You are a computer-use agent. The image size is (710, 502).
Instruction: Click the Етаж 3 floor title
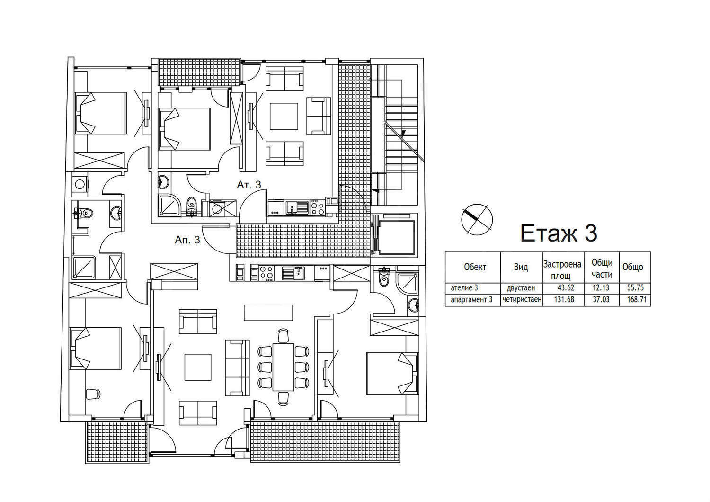(x=559, y=233)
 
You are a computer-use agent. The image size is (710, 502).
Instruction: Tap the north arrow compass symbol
(x=477, y=219)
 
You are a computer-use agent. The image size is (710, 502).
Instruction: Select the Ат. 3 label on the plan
(x=249, y=185)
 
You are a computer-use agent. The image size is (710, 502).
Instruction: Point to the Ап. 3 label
(x=187, y=240)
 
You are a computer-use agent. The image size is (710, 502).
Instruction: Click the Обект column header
(x=475, y=267)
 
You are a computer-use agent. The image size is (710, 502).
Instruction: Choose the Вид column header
(x=521, y=267)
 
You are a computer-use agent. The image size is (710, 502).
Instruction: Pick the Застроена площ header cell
(x=562, y=270)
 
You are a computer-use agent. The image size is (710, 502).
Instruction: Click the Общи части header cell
(x=602, y=268)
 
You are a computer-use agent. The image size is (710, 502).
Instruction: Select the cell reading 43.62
(x=566, y=288)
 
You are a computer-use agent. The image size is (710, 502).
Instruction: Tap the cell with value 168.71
(x=637, y=299)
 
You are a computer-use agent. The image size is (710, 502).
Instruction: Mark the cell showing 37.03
(x=601, y=299)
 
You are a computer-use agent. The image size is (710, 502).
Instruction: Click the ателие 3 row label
(x=464, y=288)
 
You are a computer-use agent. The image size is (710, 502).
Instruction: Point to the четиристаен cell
(x=522, y=299)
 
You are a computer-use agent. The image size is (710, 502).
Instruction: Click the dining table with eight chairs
(x=284, y=367)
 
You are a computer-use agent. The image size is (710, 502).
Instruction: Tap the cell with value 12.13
(x=601, y=288)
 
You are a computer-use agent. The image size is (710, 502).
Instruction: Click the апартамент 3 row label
(x=471, y=300)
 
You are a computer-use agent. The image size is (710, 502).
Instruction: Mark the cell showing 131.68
(x=564, y=299)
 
